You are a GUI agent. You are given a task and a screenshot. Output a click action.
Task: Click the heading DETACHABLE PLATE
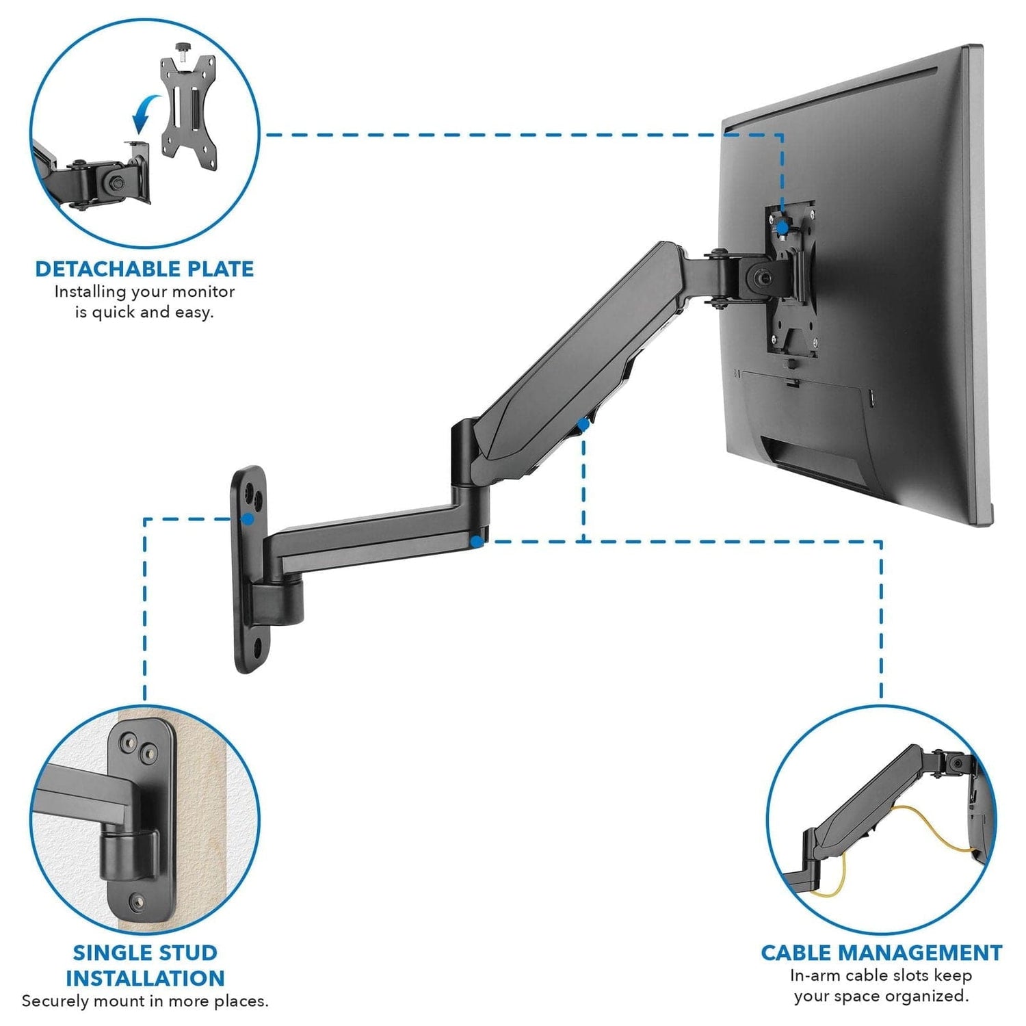pyautogui.click(x=144, y=269)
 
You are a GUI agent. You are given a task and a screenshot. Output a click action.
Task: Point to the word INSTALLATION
pyautogui.click(x=145, y=978)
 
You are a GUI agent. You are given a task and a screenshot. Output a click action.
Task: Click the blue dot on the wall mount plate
pyautogui.click(x=248, y=519)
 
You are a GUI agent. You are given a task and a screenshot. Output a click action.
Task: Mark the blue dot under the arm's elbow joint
pyautogui.click(x=475, y=541)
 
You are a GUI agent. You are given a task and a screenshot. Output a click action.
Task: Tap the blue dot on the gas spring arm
pyautogui.click(x=583, y=425)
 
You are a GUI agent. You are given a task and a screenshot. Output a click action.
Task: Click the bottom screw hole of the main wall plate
pyautogui.click(x=261, y=645)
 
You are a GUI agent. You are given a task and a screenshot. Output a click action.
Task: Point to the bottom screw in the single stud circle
pyautogui.click(x=139, y=901)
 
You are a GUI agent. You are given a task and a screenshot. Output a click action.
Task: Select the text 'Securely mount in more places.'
pyautogui.click(x=145, y=1001)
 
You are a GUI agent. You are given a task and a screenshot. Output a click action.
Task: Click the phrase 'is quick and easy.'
pyautogui.click(x=144, y=313)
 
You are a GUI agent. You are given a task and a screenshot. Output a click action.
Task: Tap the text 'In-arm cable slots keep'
pyautogui.click(x=881, y=975)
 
